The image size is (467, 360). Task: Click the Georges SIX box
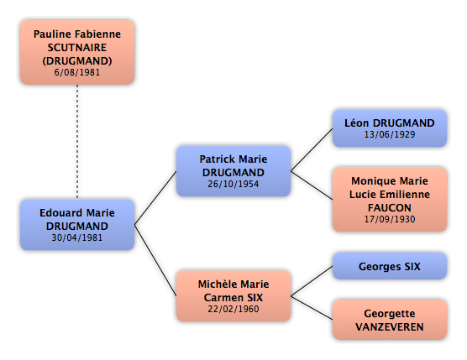pos(390,266)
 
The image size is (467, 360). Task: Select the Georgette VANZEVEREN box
pos(390,320)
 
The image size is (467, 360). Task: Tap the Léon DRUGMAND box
pos(390,128)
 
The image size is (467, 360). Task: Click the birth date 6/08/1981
pos(77,72)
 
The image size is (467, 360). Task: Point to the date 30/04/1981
pos(77,237)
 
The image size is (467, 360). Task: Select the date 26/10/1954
pos(233,184)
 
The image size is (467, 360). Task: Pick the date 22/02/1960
pos(233,309)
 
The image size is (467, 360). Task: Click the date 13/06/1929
pos(390,134)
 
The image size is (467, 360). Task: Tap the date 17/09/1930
pos(390,219)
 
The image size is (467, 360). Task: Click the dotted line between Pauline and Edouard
pos(77,142)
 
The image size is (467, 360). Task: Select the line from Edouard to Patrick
pos(155,198)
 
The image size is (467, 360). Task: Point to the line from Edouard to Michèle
pos(155,260)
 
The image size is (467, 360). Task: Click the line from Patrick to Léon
pos(312,149)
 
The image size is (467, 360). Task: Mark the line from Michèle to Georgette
pos(312,308)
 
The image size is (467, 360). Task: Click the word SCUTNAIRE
pos(77,48)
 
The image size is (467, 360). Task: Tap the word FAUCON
pos(390,207)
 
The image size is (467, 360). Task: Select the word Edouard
pos(61,213)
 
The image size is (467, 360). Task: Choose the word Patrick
pos(218,159)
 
